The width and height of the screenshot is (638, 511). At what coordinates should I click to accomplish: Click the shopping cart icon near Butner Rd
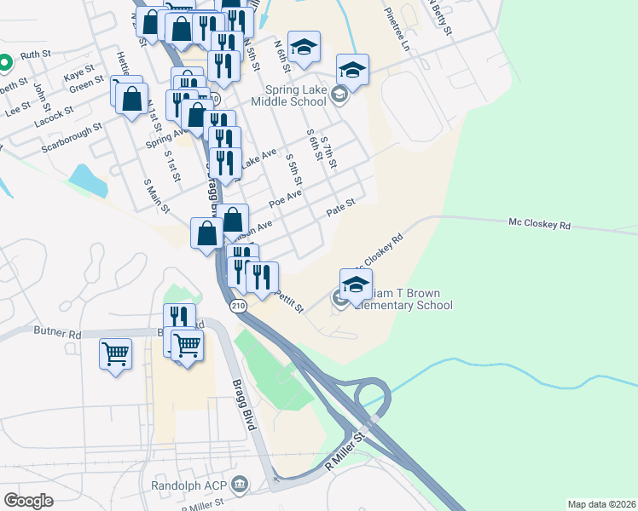click(x=115, y=352)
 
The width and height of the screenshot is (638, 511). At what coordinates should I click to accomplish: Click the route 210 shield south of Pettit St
click(x=239, y=305)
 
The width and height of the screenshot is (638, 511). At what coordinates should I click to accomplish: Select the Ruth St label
click(x=36, y=54)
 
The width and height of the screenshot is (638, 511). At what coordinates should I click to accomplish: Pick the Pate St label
click(x=340, y=207)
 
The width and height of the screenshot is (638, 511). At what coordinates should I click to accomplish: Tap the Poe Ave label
click(x=285, y=198)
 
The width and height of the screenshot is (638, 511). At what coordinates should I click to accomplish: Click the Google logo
click(x=28, y=500)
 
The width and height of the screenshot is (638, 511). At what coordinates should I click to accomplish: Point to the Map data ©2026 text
click(x=601, y=504)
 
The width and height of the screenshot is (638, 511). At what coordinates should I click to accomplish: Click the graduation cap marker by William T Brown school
click(x=356, y=284)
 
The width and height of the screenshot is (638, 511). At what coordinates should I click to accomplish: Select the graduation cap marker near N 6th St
click(x=303, y=47)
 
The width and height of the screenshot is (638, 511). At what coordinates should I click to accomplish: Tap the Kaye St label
click(x=78, y=77)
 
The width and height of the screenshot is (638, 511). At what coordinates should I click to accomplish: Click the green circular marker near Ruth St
click(x=4, y=62)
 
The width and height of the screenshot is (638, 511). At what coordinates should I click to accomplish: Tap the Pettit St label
click(x=289, y=301)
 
